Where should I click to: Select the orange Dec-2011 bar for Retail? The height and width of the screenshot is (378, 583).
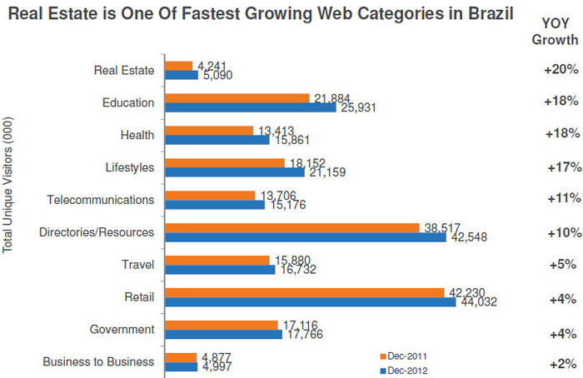tap(304, 292)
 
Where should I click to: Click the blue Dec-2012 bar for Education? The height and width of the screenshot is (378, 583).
tap(251, 107)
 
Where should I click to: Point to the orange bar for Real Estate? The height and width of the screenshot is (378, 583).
tap(179, 65)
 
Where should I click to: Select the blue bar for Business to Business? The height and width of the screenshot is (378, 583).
tap(181, 366)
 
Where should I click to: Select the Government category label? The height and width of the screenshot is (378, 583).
tap(122, 330)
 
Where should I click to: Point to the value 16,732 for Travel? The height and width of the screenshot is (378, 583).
tap(296, 271)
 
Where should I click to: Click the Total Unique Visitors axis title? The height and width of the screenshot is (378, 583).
tap(8, 200)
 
